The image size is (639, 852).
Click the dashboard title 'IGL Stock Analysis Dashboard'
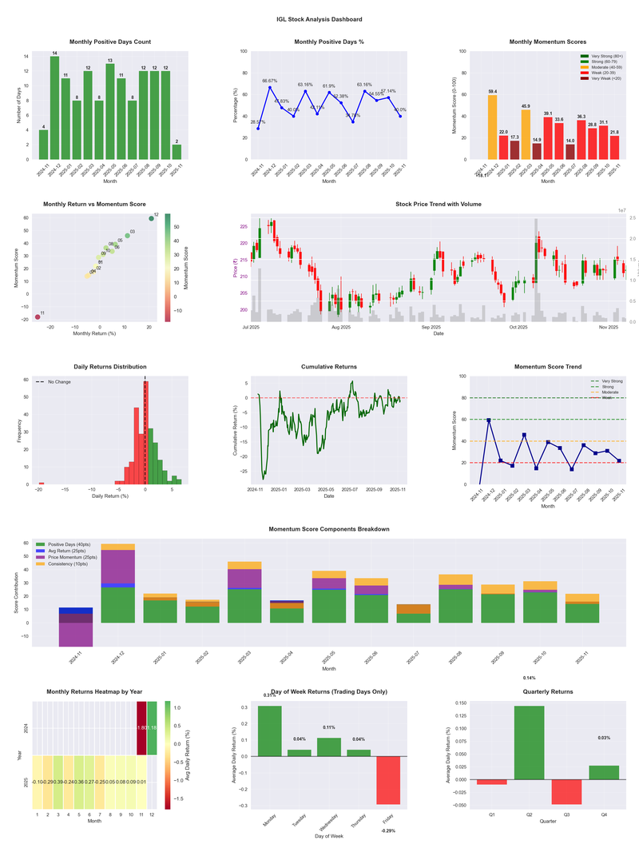(x=319, y=19)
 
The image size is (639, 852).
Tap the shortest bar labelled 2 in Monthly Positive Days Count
(x=177, y=152)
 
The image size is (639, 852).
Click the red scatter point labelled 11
(x=38, y=317)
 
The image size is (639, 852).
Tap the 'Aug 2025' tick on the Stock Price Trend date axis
(x=341, y=327)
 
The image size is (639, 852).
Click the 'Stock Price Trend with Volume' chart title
(x=439, y=205)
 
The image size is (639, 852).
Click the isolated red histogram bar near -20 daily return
(x=42, y=483)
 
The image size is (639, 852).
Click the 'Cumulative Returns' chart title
(x=329, y=367)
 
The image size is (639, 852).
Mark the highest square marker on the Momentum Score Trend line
(x=489, y=420)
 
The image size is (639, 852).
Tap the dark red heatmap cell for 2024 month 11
(x=142, y=728)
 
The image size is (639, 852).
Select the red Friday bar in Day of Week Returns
(x=388, y=780)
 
